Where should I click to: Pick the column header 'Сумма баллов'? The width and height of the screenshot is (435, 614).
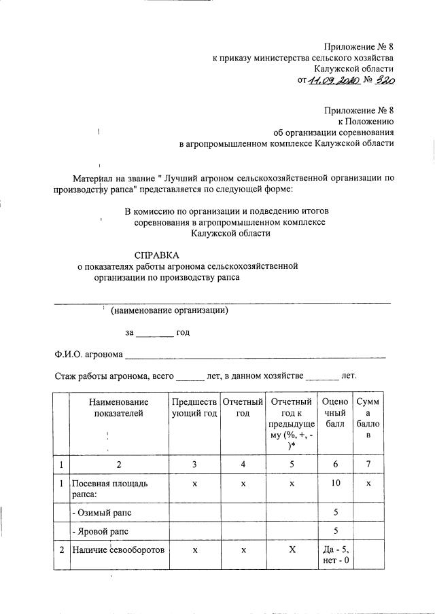pyautogui.click(x=368, y=418)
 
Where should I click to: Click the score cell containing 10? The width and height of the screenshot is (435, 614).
pyautogui.click(x=335, y=483)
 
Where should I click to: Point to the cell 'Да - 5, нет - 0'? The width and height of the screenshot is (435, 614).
pyautogui.click(x=335, y=556)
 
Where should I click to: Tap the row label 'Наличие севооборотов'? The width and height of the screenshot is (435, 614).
pyautogui.click(x=118, y=551)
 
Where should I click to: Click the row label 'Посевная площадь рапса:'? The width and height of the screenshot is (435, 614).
pyautogui.click(x=109, y=488)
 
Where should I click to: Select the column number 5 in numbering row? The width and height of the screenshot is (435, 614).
pyautogui.click(x=291, y=465)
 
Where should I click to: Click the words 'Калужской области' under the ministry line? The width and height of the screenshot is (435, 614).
pyautogui.click(x=353, y=69)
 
